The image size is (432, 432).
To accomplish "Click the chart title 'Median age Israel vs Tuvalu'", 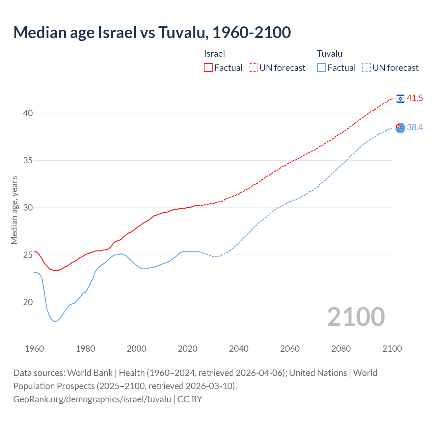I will pos(152,32).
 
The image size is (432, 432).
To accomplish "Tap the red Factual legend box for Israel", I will pos(208,68).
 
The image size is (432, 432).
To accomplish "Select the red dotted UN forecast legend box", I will pos(253,68).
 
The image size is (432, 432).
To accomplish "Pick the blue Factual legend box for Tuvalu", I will pos(322,68).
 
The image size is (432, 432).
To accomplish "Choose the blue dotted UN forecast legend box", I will pos(366,68).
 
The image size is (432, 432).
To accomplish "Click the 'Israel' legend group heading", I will pos(214,54).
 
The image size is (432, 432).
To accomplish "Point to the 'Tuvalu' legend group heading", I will pos(330,54).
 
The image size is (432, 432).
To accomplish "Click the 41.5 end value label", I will pos(415,98).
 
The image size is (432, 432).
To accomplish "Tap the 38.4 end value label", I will pos(415,128).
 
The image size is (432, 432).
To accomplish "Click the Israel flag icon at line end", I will pos(400,99).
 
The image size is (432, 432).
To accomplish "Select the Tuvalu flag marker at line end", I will pos(400,128).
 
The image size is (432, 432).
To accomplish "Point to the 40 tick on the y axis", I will pos(28,113).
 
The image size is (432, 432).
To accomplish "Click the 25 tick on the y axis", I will pos(28,255).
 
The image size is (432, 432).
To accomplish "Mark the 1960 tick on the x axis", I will pos(34,349).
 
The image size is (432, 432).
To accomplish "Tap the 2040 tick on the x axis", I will pos(239,349).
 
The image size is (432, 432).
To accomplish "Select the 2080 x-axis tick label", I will pos(341,349).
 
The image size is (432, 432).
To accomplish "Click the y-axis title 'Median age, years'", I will pos(14,210).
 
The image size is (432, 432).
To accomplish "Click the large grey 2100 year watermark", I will pos(356,317).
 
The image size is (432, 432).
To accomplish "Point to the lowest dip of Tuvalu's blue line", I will pos(55,321).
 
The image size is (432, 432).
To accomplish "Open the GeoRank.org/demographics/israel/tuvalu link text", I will pos(92,399).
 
